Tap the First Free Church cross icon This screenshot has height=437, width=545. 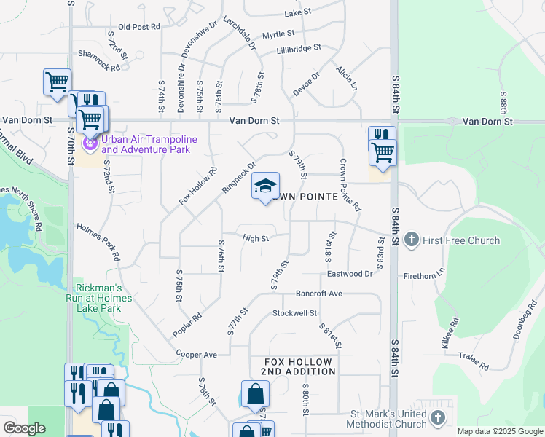click(411, 240)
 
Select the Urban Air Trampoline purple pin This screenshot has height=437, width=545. click(90, 143)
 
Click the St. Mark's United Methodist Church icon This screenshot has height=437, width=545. click(437, 417)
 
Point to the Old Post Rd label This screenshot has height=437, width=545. click(138, 27)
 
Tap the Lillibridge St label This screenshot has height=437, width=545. click(299, 49)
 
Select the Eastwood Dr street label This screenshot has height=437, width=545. click(350, 274)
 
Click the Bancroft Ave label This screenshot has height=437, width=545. click(318, 294)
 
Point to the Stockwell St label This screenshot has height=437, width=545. click(295, 313)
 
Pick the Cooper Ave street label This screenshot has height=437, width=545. click(197, 355)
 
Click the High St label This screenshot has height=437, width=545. click(256, 238)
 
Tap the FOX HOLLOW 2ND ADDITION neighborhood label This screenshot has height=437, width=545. click(299, 366)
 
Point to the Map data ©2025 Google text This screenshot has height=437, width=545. click(500, 431)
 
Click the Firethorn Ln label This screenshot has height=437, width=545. click(423, 277)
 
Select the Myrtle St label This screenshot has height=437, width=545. click(278, 34)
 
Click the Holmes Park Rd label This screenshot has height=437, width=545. click(98, 242)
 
